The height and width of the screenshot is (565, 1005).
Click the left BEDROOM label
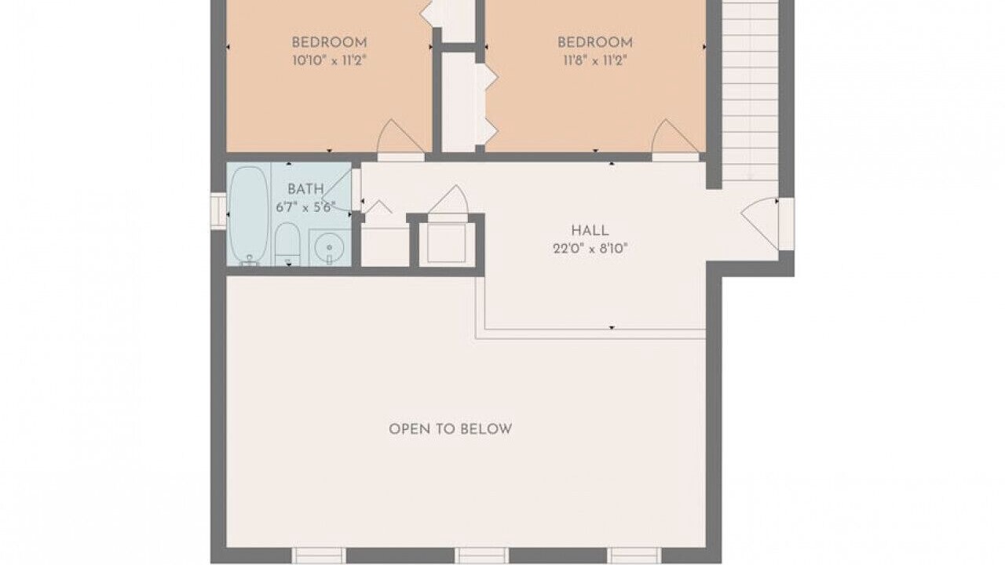click(329, 42)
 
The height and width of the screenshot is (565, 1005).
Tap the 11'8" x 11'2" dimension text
click(595, 60)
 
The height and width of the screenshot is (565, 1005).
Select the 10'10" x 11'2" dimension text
click(329, 60)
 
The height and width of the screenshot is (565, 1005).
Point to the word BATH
click(305, 189)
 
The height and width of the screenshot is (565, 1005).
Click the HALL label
click(590, 231)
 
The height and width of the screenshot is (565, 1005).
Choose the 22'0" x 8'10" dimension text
click(590, 249)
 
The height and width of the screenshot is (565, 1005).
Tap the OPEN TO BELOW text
click(450, 429)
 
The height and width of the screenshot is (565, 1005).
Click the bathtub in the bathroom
click(250, 216)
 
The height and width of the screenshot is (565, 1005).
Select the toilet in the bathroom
click(287, 244)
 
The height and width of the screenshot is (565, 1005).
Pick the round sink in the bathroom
click(329, 247)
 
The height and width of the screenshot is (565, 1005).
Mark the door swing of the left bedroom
click(400, 137)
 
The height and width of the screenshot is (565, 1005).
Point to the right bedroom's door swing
click(675, 137)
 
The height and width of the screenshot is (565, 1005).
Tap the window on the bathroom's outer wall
click(218, 211)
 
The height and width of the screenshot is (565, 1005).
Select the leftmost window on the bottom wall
click(319, 556)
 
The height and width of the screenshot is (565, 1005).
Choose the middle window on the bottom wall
click(482, 556)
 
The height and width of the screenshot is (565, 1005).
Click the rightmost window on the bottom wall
click(634, 556)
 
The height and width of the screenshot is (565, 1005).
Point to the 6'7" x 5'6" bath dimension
click(305, 208)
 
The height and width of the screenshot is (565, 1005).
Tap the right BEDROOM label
click(595, 42)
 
